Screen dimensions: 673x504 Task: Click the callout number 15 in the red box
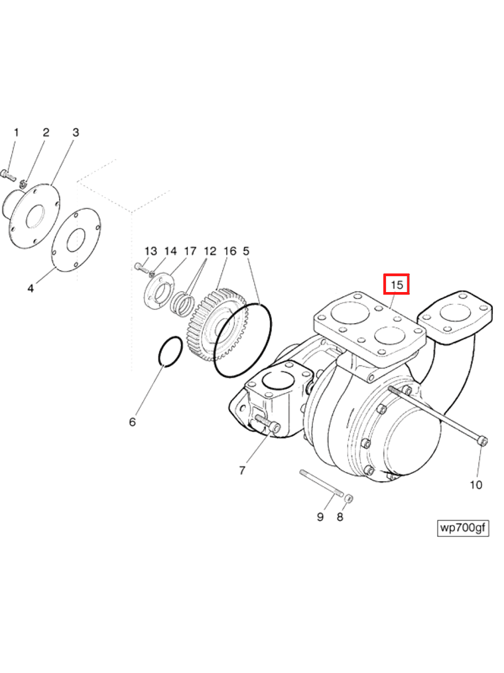(x=397, y=285)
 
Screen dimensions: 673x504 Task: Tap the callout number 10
(x=476, y=485)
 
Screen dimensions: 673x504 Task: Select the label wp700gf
(x=463, y=528)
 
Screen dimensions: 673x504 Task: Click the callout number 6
(x=132, y=422)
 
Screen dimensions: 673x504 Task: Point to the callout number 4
(x=31, y=289)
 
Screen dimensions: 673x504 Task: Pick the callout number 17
(x=190, y=252)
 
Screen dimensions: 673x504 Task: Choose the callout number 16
(x=229, y=252)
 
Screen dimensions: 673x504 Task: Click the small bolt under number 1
(x=9, y=176)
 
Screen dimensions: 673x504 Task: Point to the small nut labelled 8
(x=349, y=498)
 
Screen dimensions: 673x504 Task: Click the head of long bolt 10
(x=483, y=441)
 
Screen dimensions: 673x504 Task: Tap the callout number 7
(x=243, y=471)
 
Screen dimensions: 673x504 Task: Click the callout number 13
(x=151, y=252)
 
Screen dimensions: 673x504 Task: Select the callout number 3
(x=76, y=133)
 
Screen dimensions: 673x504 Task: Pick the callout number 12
(x=210, y=252)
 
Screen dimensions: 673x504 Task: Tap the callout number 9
(x=320, y=516)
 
